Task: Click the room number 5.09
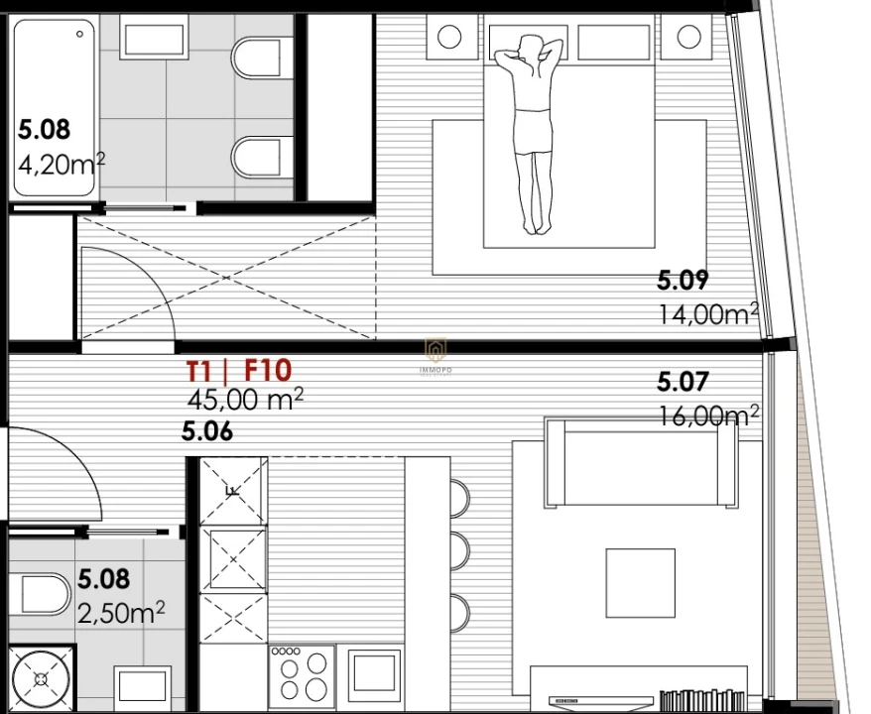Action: [683, 282]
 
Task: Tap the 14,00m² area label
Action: [708, 314]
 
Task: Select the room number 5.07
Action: [683, 382]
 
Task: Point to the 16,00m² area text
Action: [708, 415]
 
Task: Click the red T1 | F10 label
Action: [238, 372]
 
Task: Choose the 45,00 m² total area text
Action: [245, 400]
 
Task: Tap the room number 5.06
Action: [206, 431]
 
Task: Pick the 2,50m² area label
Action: [121, 613]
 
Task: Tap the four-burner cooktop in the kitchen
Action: [302, 675]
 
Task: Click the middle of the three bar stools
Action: [459, 548]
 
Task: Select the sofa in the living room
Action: [643, 464]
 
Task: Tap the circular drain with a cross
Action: [41, 679]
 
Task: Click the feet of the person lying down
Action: [537, 225]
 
